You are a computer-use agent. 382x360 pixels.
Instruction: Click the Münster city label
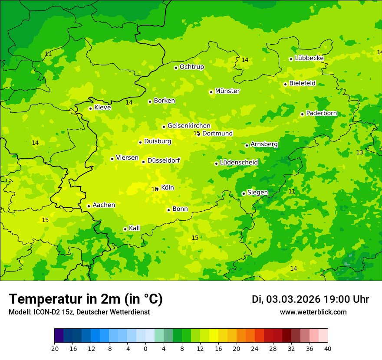tap(227, 91)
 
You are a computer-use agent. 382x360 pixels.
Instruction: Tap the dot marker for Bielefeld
tap(285, 84)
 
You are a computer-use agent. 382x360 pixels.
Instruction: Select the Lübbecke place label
tap(309, 58)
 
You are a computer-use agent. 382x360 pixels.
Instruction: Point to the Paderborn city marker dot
tap(302, 114)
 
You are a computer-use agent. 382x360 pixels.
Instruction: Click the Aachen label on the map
tap(104, 205)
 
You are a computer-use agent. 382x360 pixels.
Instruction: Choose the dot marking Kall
tap(125, 229)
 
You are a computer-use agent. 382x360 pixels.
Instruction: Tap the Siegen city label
tap(257, 193)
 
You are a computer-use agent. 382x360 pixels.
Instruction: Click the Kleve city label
tap(102, 108)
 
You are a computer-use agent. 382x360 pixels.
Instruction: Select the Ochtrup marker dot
tap(176, 68)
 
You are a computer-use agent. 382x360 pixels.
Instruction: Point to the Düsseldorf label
tap(164, 160)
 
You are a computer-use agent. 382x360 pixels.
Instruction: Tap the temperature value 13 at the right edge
tap(359, 152)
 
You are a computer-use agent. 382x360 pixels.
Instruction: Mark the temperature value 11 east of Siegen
tap(292, 191)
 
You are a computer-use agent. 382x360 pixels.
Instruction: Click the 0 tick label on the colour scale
tap(145, 349)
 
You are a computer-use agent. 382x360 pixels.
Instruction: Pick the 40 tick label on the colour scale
tap(327, 349)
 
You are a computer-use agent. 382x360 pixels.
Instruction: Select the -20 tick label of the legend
tap(54, 349)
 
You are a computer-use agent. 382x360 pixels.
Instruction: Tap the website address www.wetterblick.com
tap(313, 312)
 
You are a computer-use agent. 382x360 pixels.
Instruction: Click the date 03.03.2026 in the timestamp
tap(293, 299)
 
